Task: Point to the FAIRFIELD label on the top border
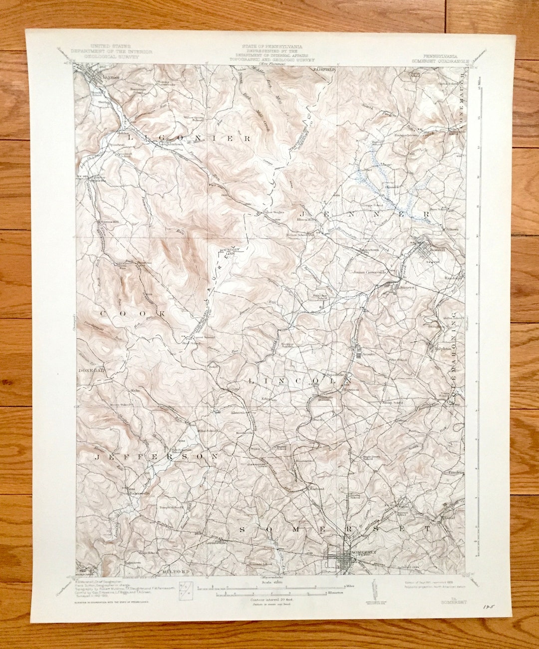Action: (324, 69)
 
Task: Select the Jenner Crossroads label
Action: (370, 272)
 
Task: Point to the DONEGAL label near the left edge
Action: (90, 371)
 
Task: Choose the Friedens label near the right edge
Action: (455, 471)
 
